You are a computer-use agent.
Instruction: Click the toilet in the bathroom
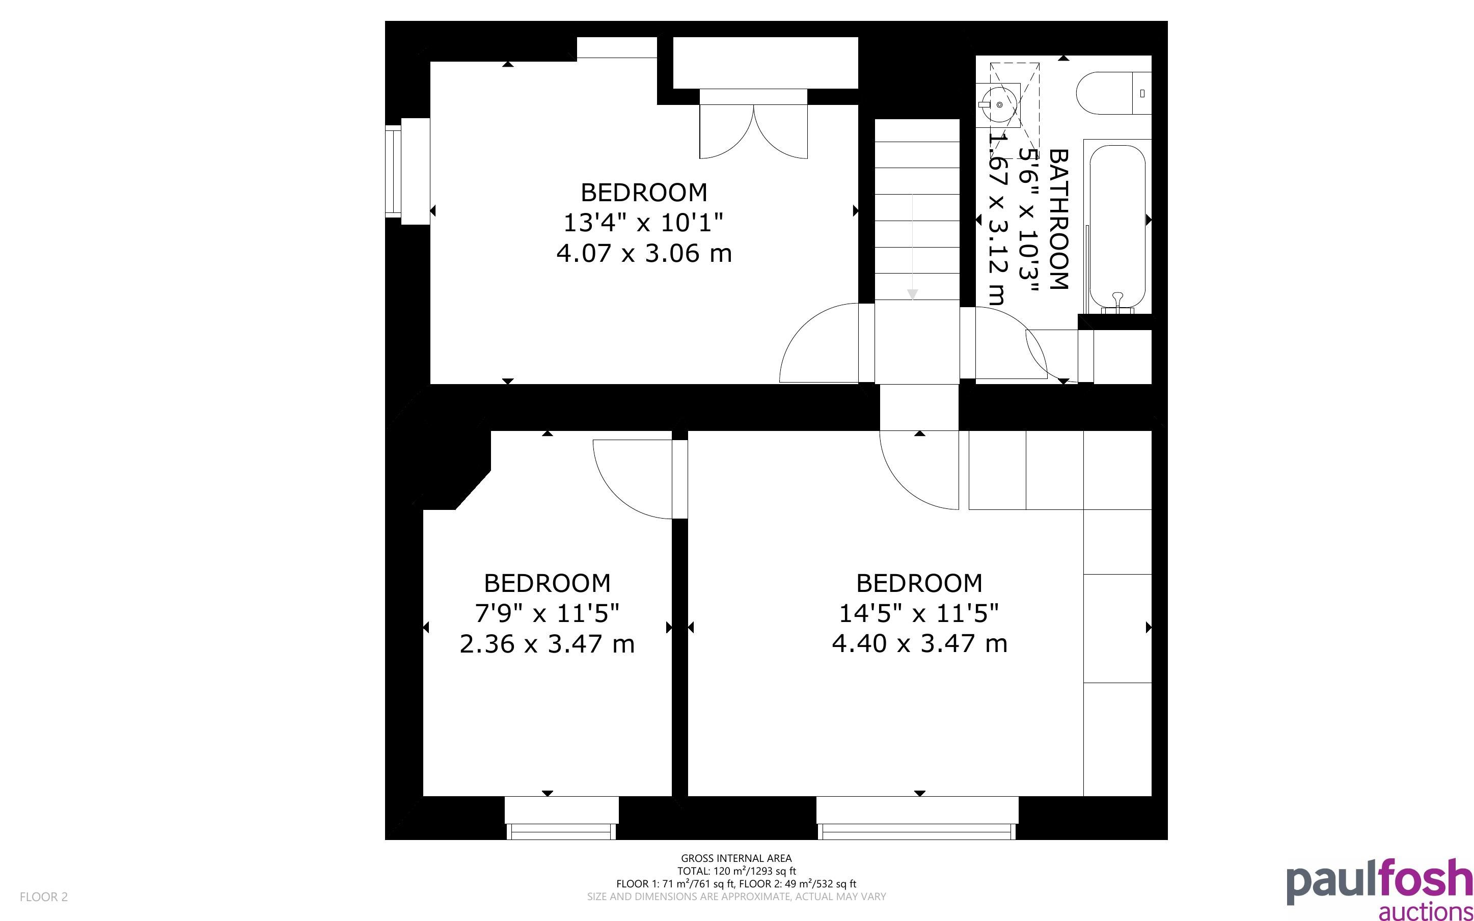[x=1113, y=93]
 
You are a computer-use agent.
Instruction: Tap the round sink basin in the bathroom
[x=1000, y=105]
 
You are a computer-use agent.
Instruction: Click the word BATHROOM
[x=1060, y=219]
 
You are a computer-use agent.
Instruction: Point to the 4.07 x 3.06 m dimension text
[x=644, y=253]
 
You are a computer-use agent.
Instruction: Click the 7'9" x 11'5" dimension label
[x=547, y=613]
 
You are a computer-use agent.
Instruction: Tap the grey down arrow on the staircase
[x=912, y=295]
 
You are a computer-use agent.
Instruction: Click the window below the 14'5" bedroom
[x=917, y=818]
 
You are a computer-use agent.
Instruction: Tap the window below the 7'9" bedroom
[x=561, y=818]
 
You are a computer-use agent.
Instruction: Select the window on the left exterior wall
[x=407, y=171]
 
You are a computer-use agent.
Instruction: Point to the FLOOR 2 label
[x=44, y=897]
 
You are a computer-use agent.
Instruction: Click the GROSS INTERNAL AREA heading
[x=736, y=858]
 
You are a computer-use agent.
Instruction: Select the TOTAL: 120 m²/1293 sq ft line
[x=736, y=871]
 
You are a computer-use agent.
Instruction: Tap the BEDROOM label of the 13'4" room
[x=644, y=193]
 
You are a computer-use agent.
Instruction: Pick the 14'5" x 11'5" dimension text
[x=919, y=613]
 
